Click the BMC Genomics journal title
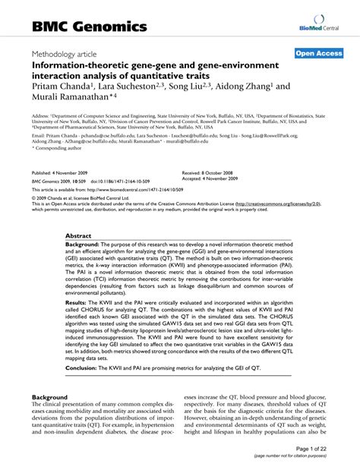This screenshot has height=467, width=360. (89, 27)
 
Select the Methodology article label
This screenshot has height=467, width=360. (73, 55)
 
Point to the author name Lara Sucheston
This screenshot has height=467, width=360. (132, 87)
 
